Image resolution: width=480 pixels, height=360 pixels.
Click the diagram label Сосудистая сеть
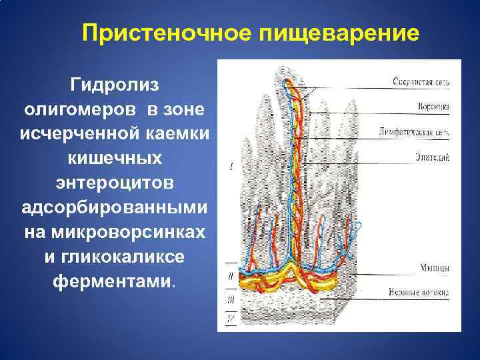click(x=420, y=83)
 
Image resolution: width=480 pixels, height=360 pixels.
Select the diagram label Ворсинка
click(x=433, y=107)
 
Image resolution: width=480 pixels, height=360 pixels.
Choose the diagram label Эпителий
click(x=434, y=157)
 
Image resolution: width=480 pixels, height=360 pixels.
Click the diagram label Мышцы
click(x=434, y=268)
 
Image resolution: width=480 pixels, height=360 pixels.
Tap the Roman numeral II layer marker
click(x=229, y=274)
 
